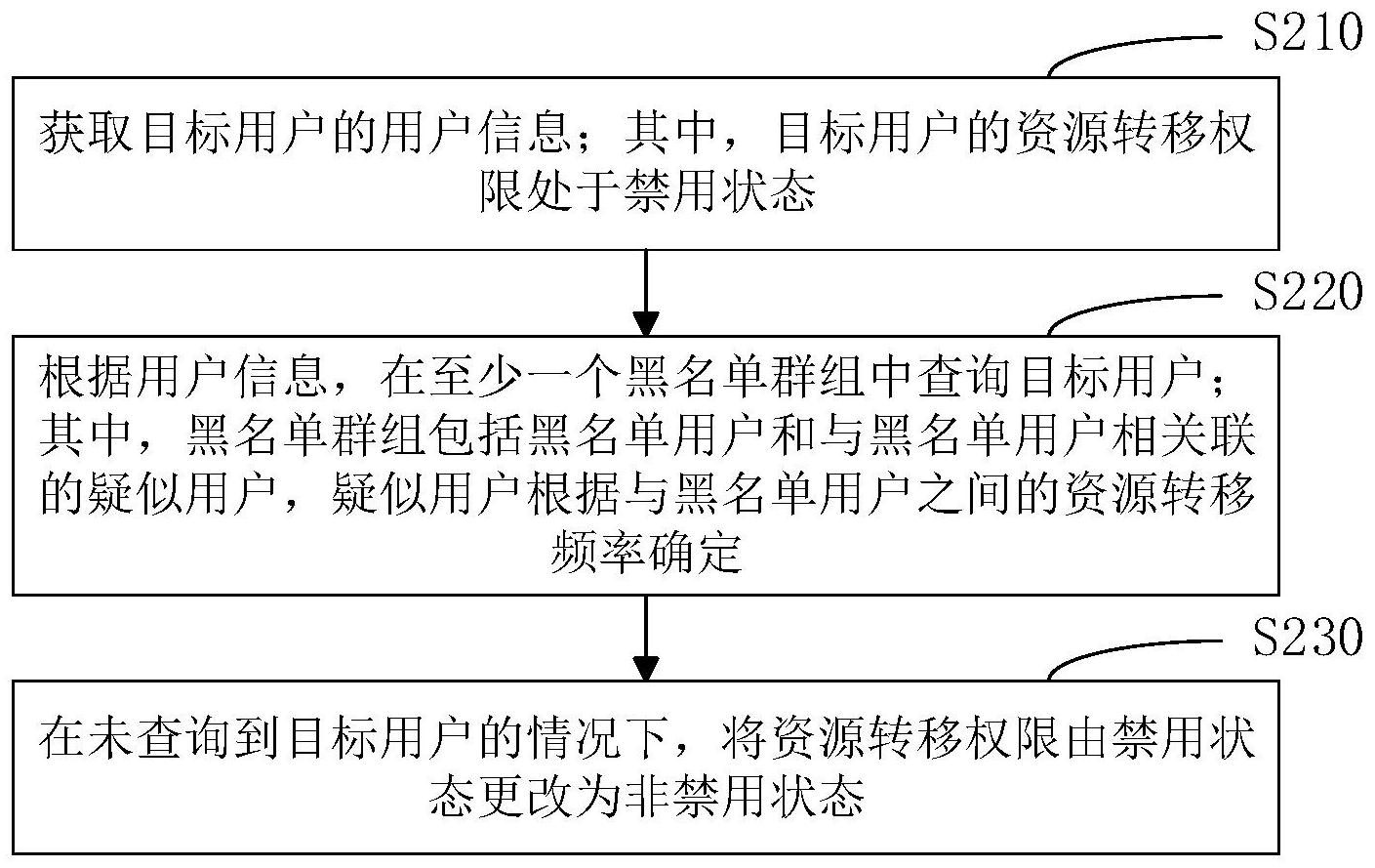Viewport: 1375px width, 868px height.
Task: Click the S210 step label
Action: pyautogui.click(x=1306, y=33)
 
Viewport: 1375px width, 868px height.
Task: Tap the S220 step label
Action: pyautogui.click(x=1306, y=291)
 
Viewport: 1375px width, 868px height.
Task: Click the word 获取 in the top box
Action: pyautogui.click(x=91, y=133)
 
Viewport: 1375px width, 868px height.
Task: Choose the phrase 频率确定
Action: pyautogui.click(x=646, y=555)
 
